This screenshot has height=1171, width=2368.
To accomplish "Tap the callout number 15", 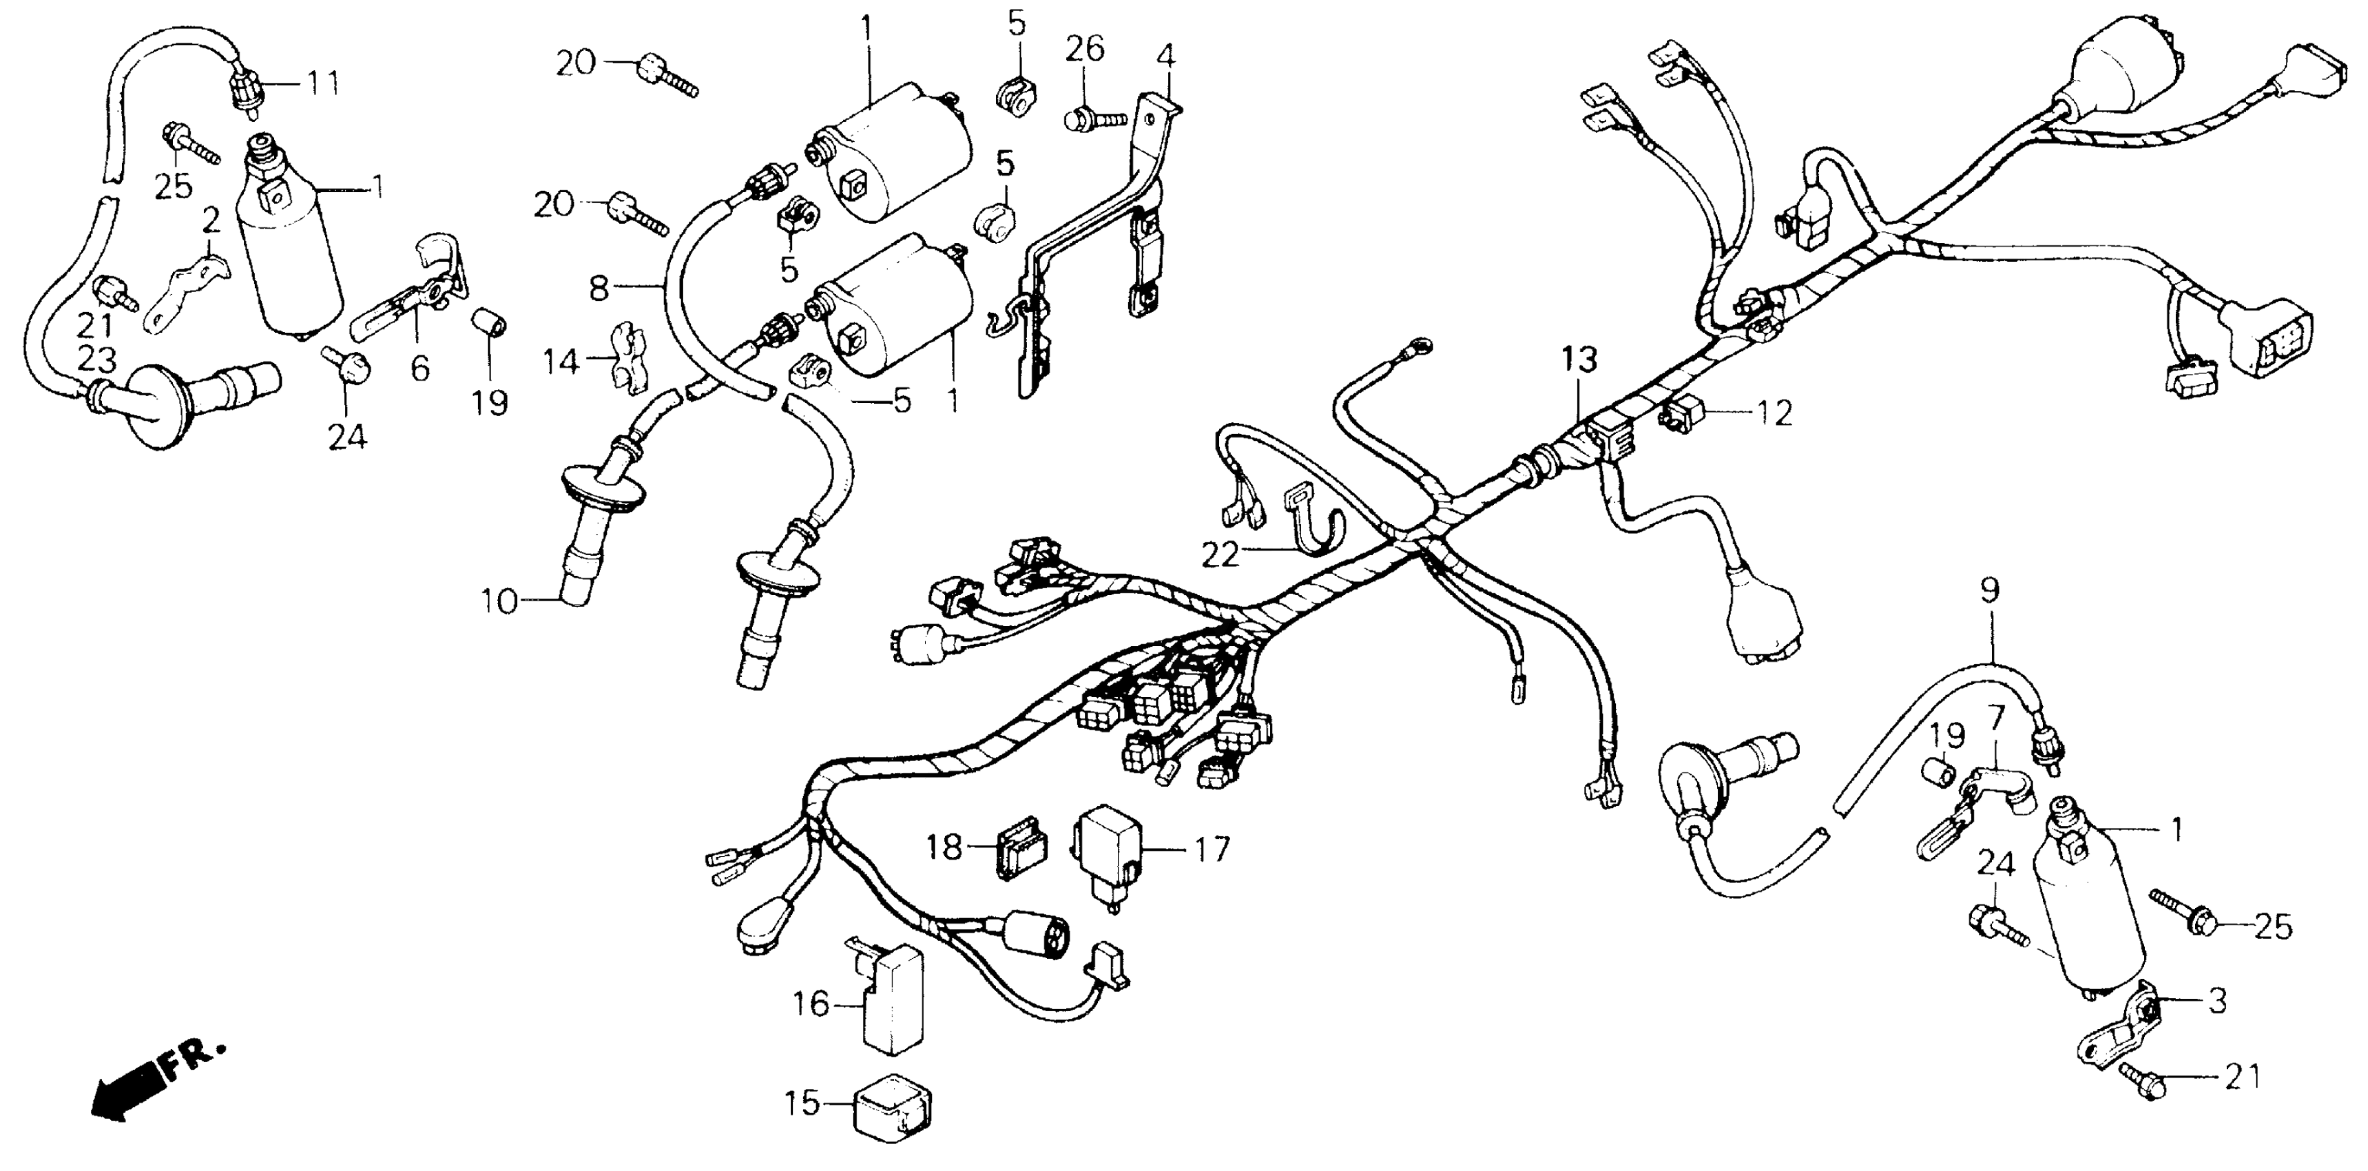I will pyautogui.click(x=802, y=1102).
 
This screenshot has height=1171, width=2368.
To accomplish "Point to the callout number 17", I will pyautogui.click(x=1212, y=849).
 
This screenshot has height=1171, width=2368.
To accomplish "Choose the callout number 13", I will pyautogui.click(x=1577, y=360).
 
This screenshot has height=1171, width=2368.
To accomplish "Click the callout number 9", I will pyautogui.click(x=1988, y=591).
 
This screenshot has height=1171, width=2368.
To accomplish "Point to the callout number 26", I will pyautogui.click(x=1085, y=49).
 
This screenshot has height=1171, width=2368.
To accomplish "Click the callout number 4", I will pyautogui.click(x=1165, y=57).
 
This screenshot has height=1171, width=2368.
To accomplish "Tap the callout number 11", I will pyautogui.click(x=321, y=85).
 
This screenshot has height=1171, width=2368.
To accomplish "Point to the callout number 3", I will pyautogui.click(x=2216, y=1002).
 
